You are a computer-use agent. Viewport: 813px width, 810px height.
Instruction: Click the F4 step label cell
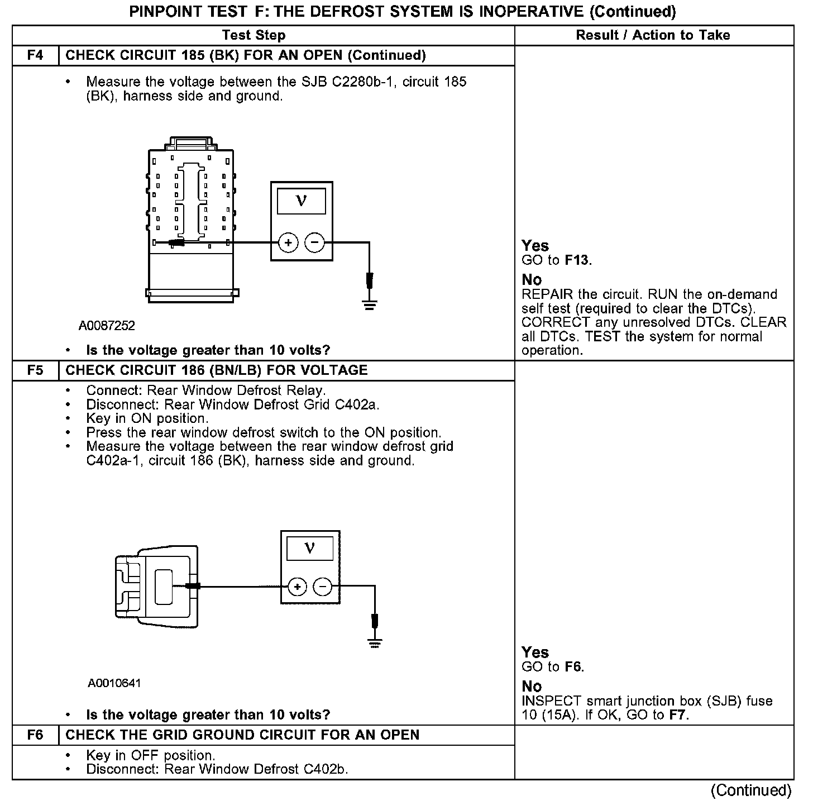click(x=35, y=55)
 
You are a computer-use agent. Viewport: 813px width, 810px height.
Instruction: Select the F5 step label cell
click(x=35, y=370)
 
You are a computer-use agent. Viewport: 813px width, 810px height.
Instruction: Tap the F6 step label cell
click(x=35, y=735)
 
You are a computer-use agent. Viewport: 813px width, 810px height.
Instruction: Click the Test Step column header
click(x=254, y=35)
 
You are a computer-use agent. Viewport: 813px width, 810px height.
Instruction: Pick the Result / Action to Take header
click(x=653, y=35)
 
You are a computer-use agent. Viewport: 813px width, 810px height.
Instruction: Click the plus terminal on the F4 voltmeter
click(x=288, y=242)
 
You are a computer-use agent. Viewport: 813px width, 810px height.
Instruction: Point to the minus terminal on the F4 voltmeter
click(x=314, y=242)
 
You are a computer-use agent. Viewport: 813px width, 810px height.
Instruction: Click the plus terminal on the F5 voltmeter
click(x=297, y=587)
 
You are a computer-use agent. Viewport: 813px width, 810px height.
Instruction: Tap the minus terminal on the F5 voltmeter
click(x=323, y=587)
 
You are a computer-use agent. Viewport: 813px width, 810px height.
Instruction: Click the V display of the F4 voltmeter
click(x=302, y=201)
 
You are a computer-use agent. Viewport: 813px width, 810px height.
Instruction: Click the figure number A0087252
click(x=107, y=326)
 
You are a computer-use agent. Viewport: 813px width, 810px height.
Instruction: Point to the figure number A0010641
click(x=114, y=683)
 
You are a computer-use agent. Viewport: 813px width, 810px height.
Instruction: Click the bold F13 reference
click(x=577, y=260)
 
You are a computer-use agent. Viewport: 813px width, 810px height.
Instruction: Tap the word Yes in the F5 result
click(x=535, y=652)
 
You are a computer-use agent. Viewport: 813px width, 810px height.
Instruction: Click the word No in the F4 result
click(x=532, y=279)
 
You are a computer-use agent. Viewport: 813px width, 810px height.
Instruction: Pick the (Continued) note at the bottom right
click(x=751, y=790)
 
